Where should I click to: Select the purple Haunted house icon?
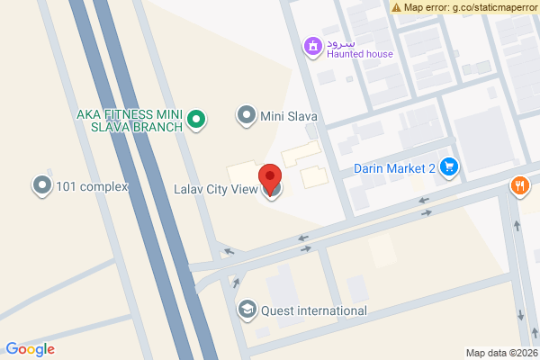tap(312, 45)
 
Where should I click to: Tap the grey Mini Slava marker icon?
tap(246, 114)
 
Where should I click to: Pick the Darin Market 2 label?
tap(394, 167)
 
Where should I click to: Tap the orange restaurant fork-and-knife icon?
tap(520, 186)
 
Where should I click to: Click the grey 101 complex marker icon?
tap(41, 186)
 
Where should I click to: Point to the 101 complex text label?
tap(92, 187)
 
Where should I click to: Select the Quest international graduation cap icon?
tap(246, 310)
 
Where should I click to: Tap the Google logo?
tap(30, 349)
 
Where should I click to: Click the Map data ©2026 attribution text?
tap(501, 353)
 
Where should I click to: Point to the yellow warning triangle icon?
tap(397, 7)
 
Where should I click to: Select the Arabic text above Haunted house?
tap(342, 41)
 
